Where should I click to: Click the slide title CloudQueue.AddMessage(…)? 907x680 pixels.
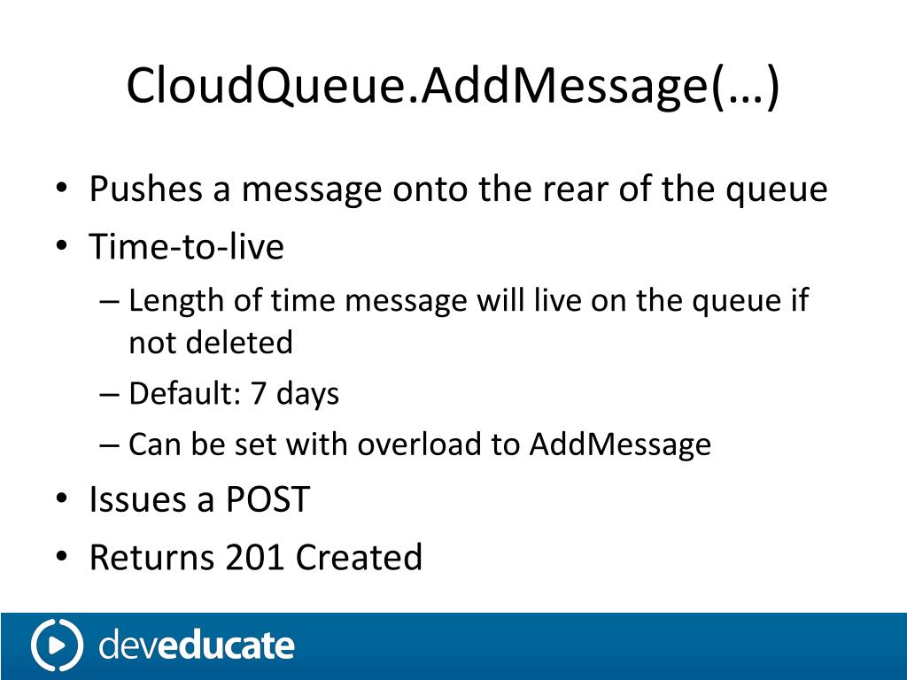pyautogui.click(x=453, y=86)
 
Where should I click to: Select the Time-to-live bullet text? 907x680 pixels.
pyautogui.click(x=186, y=246)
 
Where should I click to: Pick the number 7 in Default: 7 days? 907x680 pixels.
pyautogui.click(x=259, y=393)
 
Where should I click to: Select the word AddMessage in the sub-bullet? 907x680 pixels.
pyautogui.click(x=620, y=444)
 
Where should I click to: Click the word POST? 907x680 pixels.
pyautogui.click(x=267, y=500)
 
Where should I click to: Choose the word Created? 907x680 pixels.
pyautogui.click(x=359, y=558)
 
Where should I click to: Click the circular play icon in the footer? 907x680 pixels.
pyautogui.click(x=57, y=645)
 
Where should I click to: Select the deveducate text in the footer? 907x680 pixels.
pyautogui.click(x=196, y=645)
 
